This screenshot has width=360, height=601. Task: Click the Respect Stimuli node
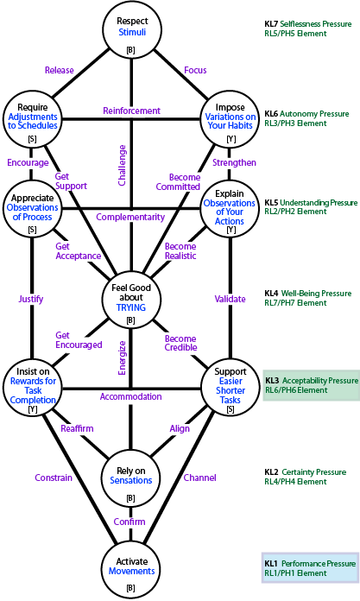(x=131, y=30)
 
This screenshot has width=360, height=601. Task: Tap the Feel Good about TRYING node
(x=131, y=299)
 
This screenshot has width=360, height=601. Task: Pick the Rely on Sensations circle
(x=131, y=479)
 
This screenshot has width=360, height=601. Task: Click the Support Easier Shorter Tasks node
(x=230, y=389)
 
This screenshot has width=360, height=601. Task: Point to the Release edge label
(x=59, y=70)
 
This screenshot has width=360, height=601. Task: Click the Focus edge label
(x=195, y=70)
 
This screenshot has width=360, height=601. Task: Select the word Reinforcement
(x=131, y=111)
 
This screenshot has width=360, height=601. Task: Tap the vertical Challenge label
(x=122, y=165)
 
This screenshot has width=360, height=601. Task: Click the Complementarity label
(x=130, y=217)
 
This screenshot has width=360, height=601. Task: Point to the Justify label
(x=31, y=299)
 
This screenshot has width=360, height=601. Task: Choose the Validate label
(x=230, y=299)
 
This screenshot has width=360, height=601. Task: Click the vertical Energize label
(x=122, y=358)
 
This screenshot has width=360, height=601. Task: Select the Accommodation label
(x=130, y=396)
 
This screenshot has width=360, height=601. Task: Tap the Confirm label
(x=129, y=522)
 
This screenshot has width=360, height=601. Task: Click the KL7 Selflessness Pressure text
(x=308, y=24)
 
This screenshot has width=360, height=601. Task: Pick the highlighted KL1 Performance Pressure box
(x=310, y=568)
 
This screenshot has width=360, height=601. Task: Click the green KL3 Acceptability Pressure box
(x=312, y=385)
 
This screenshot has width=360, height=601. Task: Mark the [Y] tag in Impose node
(x=231, y=139)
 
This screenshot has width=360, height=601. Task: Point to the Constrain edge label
(x=54, y=478)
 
